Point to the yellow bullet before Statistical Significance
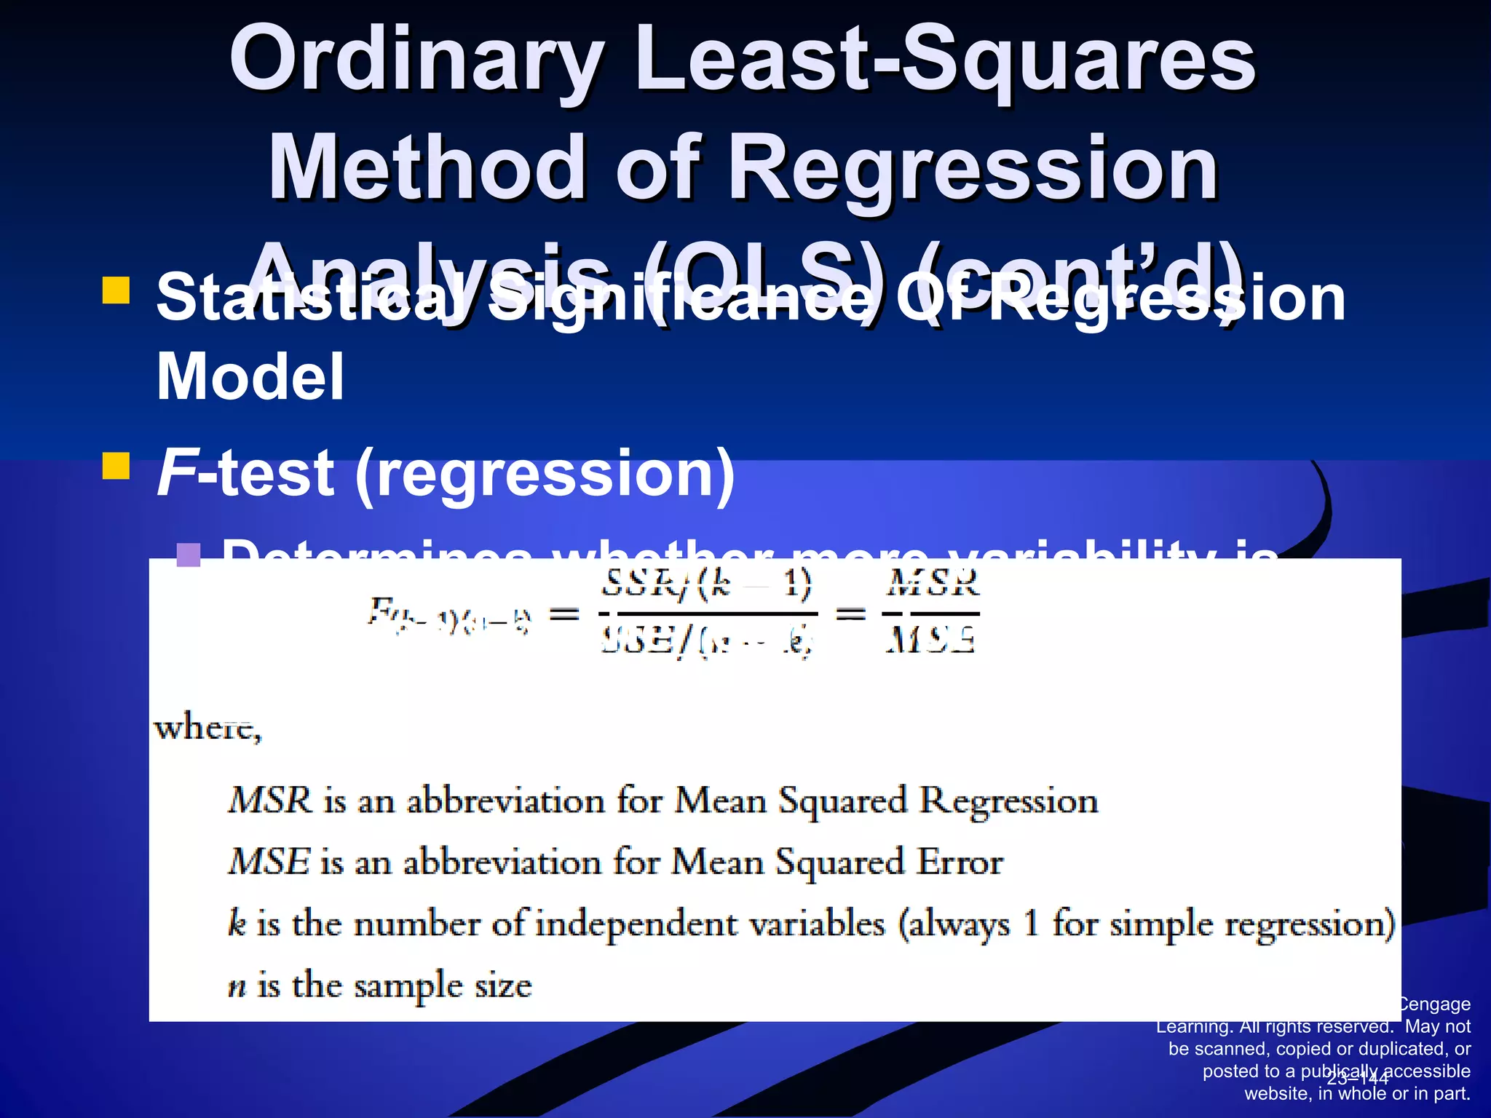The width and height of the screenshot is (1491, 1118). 116,290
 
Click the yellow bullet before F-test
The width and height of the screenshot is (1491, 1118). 116,467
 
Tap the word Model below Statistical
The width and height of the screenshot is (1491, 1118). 250,377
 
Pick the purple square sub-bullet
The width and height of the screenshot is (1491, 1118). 189,555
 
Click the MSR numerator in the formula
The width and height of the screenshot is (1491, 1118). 933,584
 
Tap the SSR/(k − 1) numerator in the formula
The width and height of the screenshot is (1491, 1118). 706,584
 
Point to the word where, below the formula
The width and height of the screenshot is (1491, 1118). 207,727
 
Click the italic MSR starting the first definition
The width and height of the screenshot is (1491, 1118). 269,800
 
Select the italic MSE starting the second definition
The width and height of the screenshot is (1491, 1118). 269,862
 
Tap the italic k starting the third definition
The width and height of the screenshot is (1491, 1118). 237,924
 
